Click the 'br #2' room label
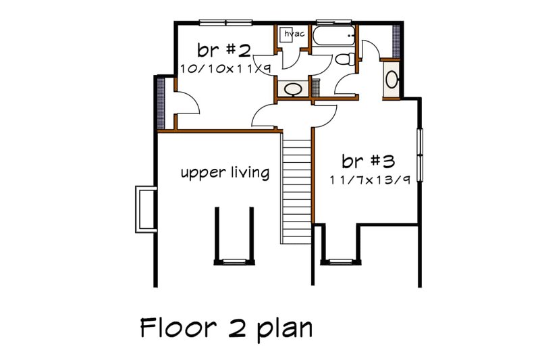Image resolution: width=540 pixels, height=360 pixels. [x=215, y=50]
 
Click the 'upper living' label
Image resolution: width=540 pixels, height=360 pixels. [x=225, y=173]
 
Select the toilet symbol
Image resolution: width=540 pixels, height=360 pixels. [x=344, y=59]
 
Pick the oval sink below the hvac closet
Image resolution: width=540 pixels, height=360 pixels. [x=292, y=88]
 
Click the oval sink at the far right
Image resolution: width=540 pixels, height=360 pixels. [x=392, y=79]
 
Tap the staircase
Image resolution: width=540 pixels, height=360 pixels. [x=296, y=189]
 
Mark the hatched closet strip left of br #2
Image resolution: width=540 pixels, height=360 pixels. [x=161, y=102]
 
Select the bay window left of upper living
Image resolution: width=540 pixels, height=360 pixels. [x=143, y=209]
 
